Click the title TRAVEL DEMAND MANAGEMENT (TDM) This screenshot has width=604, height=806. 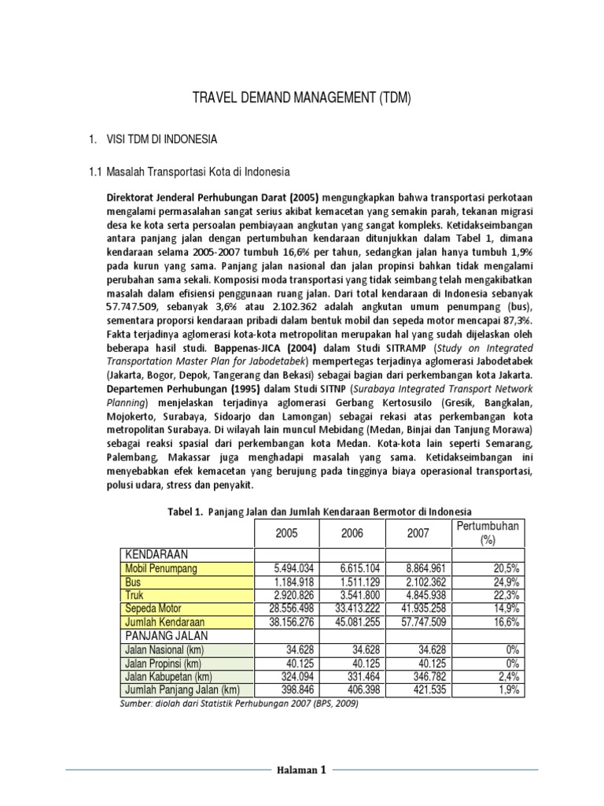point(302,98)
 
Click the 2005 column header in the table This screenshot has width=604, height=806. point(286,534)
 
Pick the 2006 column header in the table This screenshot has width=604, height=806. point(352,534)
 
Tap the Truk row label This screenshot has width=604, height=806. point(134,595)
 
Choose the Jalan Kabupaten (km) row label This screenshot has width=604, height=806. point(168,676)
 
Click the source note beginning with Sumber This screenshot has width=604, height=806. point(240,704)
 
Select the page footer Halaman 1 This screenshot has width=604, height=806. point(301,771)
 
